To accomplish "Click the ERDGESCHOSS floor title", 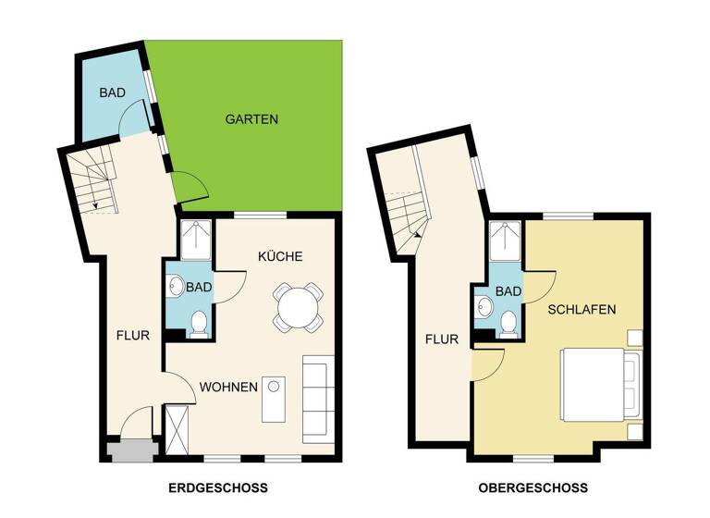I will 218,487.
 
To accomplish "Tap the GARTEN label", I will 251,119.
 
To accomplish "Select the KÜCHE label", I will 280,255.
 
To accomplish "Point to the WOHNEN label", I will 228,387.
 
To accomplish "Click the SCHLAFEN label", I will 581,310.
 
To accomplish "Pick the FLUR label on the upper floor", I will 441,339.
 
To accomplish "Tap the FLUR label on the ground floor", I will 132,336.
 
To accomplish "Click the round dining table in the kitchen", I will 298,306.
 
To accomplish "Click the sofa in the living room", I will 316,397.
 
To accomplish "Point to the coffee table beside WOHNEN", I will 275,398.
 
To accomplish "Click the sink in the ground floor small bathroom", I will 176,287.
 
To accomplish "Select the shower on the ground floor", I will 196,240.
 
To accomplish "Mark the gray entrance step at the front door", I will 126,451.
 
